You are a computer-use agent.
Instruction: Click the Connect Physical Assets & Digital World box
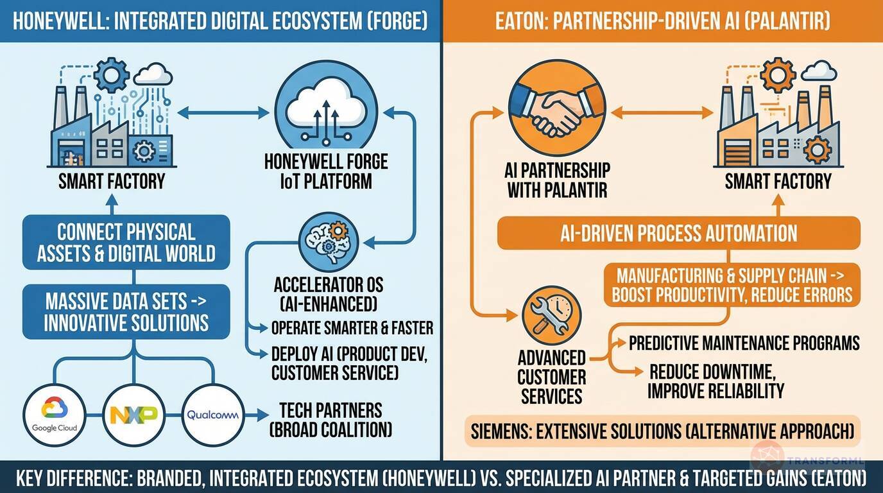[126, 242]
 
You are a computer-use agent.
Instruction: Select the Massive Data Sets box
[126, 311]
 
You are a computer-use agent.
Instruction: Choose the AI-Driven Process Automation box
[678, 233]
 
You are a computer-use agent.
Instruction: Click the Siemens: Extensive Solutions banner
[662, 431]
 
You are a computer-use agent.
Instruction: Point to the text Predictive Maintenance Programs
[744, 343]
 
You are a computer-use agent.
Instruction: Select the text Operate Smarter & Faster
[352, 328]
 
